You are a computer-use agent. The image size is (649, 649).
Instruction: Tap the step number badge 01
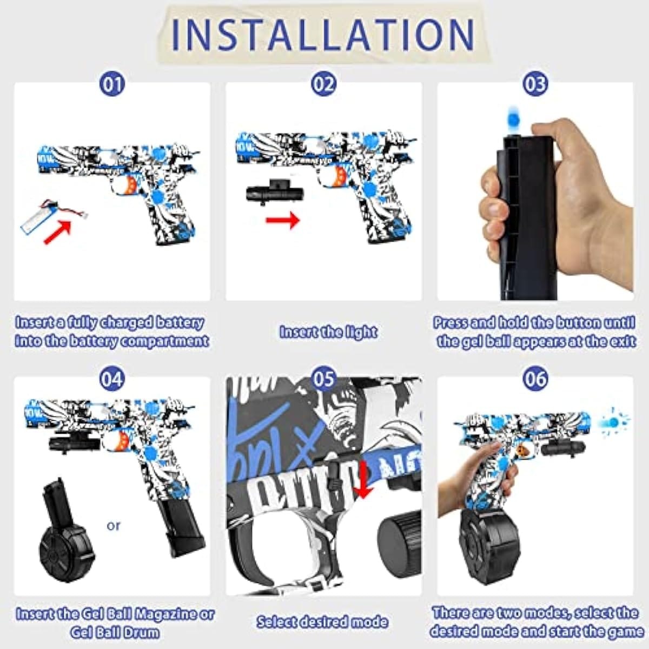pos(112,84)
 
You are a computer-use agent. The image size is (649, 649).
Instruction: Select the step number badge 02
pos(323,84)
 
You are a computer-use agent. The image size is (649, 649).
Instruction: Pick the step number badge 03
pos(534,84)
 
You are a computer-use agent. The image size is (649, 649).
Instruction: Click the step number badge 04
pos(112,379)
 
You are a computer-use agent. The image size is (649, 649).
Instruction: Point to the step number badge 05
pos(323,379)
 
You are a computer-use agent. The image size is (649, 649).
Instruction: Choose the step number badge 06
pos(534,379)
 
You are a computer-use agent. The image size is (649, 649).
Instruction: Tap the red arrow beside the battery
pos(58,232)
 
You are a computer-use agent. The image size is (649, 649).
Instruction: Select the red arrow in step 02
pos(282,220)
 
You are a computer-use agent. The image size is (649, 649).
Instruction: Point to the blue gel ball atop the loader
pos(512,117)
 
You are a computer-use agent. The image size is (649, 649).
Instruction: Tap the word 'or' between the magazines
pos(114,526)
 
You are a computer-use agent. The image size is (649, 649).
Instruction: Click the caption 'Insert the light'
pos(328,332)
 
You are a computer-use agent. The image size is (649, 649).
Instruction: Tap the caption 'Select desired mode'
pos(322,621)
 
